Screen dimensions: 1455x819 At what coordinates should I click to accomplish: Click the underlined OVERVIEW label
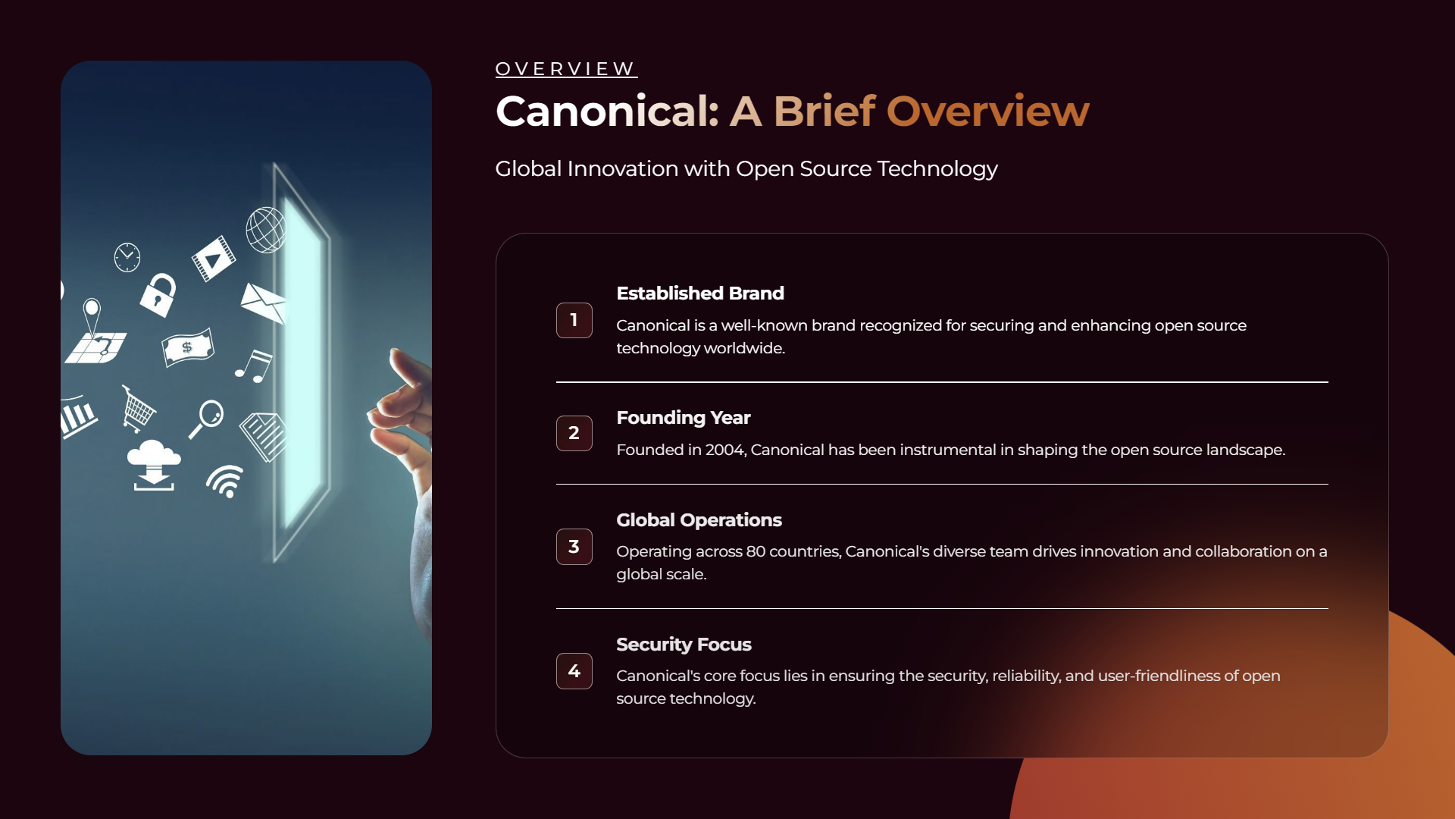coord(566,69)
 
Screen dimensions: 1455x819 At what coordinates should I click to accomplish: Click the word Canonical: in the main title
coord(607,111)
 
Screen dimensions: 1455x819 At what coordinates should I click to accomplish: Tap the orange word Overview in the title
coord(988,111)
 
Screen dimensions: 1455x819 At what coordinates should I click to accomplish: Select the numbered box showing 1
coord(574,320)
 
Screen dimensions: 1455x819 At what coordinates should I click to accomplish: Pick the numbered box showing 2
coord(574,433)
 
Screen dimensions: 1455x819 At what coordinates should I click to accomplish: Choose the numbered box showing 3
coord(574,547)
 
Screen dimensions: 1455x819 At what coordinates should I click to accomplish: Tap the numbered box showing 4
coord(574,671)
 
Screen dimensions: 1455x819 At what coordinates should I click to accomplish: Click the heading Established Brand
coord(700,293)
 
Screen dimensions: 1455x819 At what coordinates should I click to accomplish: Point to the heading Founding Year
coord(684,418)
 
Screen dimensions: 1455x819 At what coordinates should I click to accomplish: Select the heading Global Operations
coord(699,520)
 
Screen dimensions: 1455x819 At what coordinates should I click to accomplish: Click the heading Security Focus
coord(684,645)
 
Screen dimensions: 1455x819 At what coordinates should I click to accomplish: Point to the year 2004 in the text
coord(725,450)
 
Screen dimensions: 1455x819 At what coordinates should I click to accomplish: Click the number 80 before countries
coord(756,551)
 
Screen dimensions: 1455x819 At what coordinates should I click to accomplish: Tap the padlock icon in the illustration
coord(158,294)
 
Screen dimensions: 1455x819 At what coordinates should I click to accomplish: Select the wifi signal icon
coord(225,482)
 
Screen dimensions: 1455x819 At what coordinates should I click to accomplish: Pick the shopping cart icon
coord(138,409)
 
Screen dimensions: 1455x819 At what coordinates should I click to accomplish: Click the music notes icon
coord(253,366)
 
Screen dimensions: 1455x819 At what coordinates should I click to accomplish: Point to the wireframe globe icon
coord(266,230)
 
